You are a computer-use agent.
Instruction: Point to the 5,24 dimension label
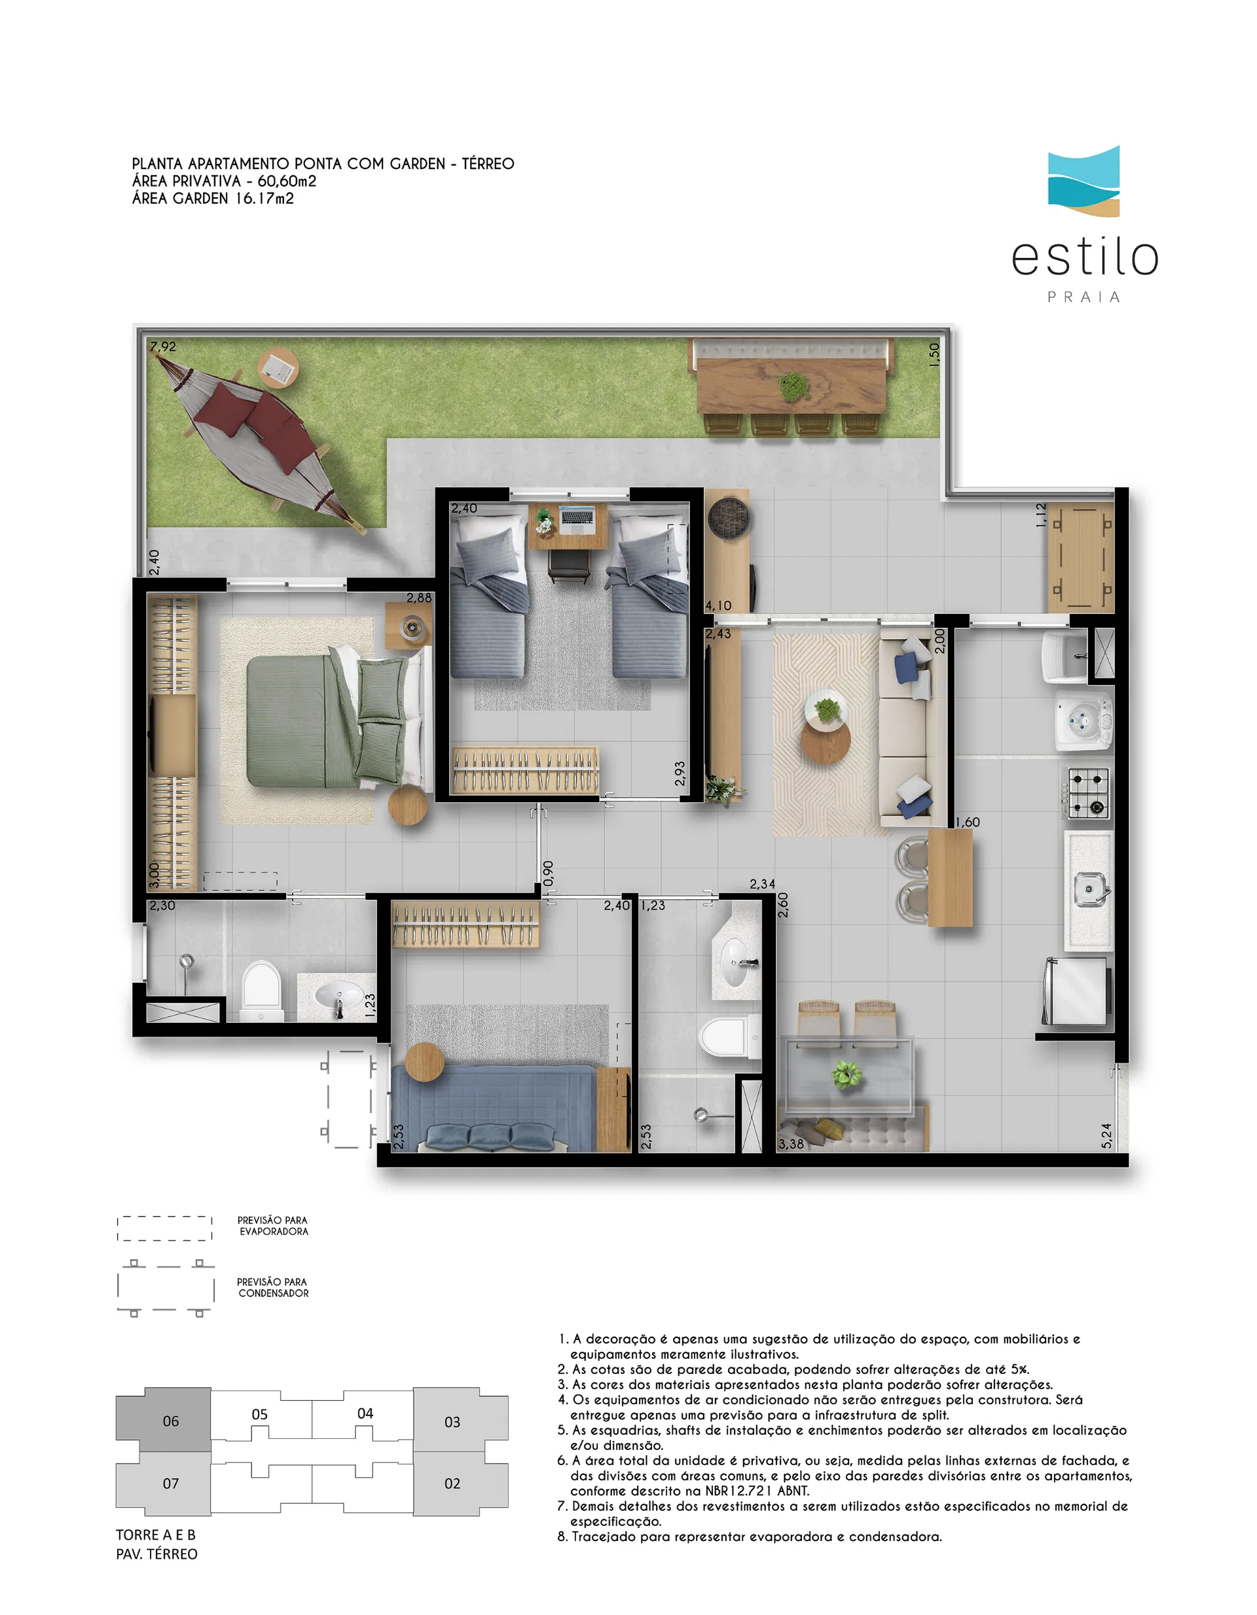(x=1106, y=1135)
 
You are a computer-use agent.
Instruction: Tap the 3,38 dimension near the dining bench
(x=791, y=1144)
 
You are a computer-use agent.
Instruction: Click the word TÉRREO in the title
(x=488, y=164)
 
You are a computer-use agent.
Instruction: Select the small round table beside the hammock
(x=278, y=367)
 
